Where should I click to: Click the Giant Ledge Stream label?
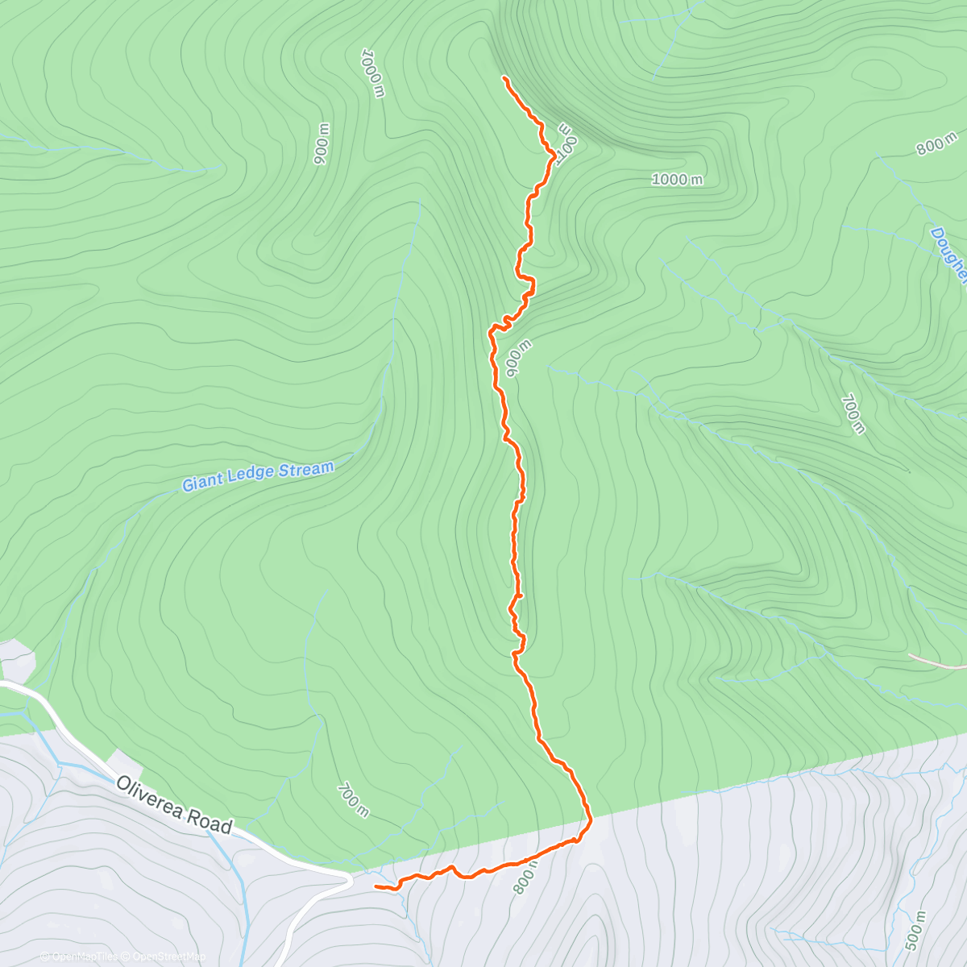coord(257,476)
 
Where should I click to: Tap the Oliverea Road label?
coord(174,804)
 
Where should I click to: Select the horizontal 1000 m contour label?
coord(676,179)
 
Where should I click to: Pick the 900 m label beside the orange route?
coord(517,358)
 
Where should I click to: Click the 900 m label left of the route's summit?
coord(322,144)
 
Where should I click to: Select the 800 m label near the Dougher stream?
coord(936,143)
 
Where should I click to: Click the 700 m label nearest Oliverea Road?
coord(353,800)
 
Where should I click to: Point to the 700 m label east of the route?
coord(852,413)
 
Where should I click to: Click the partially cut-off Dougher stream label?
coord(949,254)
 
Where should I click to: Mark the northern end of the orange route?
coord(504,77)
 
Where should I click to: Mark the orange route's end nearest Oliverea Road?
coord(376,886)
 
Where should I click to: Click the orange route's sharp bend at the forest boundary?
coord(590,820)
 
